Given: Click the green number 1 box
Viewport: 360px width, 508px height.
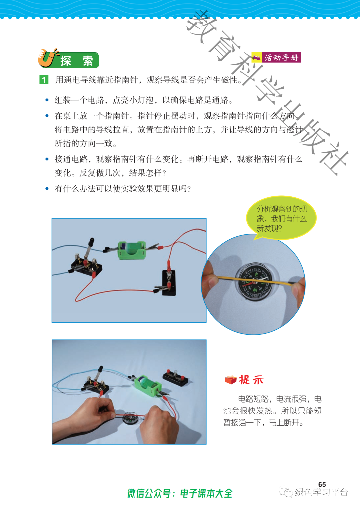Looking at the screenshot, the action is [44, 80].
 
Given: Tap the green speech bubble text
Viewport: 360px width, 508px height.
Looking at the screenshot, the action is [282, 219].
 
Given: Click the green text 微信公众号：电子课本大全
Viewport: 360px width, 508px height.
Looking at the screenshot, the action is [180, 494].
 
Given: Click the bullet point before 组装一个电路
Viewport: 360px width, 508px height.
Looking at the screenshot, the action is [47, 100].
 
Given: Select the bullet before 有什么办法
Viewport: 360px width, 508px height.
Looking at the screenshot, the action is [47, 188].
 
